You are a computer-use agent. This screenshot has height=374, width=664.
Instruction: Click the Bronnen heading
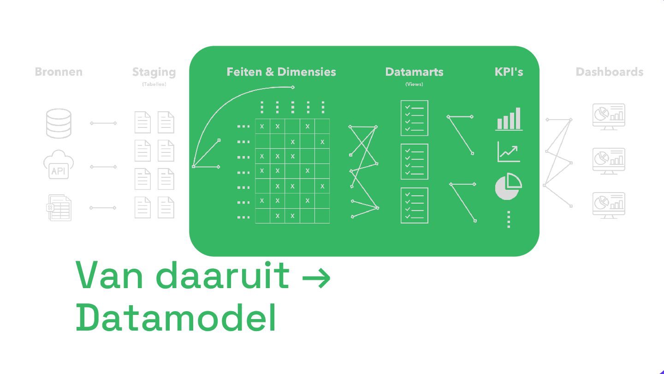59,72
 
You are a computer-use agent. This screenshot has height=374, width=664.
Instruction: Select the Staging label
154,72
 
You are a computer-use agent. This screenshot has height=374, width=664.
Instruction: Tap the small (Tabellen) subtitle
154,84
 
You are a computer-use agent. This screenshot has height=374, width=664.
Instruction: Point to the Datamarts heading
414,72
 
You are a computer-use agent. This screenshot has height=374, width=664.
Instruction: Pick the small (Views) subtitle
414,84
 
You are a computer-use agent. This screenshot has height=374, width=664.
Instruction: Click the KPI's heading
509,72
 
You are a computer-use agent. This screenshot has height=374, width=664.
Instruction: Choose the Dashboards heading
609,72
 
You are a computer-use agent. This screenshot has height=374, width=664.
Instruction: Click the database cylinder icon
59,123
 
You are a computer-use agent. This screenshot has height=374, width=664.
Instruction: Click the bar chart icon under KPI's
509,119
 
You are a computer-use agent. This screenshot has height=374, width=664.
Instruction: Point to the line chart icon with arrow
509,151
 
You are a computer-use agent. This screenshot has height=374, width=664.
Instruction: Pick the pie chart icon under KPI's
508,187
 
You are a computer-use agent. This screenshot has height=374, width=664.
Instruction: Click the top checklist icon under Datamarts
414,118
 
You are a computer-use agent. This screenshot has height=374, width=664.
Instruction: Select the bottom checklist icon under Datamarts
414,205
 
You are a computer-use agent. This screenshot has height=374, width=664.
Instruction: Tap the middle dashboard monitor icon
608,161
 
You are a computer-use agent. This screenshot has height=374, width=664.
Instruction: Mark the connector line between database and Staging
103,123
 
